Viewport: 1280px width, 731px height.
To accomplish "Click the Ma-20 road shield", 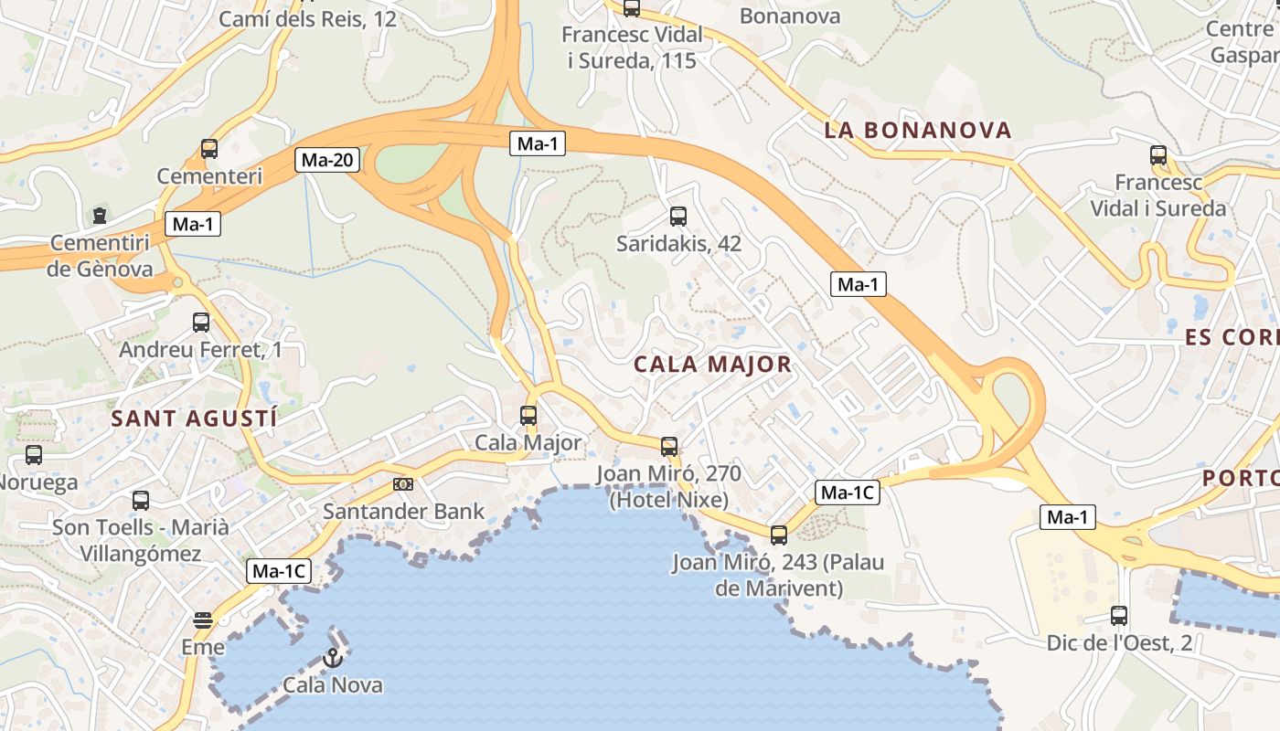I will (x=327, y=161).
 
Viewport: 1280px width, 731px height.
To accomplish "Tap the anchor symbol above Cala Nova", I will (x=333, y=658).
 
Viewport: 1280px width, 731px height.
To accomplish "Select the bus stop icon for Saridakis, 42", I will (x=677, y=217).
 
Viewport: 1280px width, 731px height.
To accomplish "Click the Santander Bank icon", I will (x=403, y=484).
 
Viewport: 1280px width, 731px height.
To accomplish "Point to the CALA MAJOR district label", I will (x=713, y=365).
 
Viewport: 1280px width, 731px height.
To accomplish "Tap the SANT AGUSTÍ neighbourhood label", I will (x=194, y=418).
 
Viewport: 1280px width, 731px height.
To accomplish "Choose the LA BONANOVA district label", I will (x=918, y=130).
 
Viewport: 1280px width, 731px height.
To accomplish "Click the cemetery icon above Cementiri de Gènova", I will (x=100, y=216).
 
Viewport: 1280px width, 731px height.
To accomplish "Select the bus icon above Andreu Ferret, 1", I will (x=201, y=323).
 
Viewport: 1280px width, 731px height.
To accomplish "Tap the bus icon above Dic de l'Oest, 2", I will (x=1119, y=615).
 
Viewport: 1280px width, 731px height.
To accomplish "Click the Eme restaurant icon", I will (x=203, y=620).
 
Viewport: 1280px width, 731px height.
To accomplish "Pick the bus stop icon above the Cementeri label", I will (x=209, y=149).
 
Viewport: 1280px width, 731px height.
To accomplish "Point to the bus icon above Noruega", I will (x=34, y=454).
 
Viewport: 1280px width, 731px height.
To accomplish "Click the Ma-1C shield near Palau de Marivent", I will (x=848, y=493).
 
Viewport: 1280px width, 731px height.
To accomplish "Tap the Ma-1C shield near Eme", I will (x=279, y=572).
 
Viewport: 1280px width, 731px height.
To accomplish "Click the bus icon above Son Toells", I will (x=141, y=500).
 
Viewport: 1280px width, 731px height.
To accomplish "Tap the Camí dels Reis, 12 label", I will (x=308, y=18).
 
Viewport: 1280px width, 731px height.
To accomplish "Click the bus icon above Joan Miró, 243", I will (x=778, y=535).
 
